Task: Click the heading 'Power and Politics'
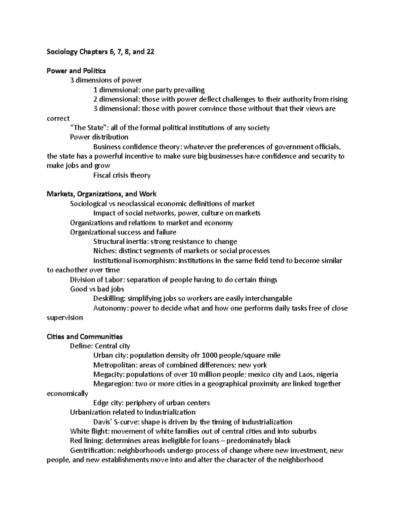pos(76,71)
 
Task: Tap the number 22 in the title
pos(150,52)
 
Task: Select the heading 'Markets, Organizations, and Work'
pos(102,194)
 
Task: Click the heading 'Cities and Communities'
pos(85,337)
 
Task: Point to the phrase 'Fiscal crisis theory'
pos(122,175)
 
